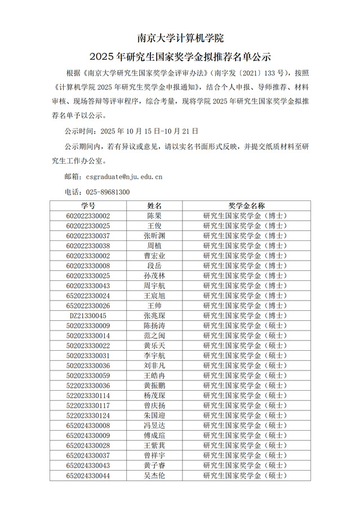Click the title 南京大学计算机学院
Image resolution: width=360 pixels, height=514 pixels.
click(180, 38)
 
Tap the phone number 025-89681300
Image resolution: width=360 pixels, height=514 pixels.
click(109, 192)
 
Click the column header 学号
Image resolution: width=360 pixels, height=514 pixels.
click(88, 205)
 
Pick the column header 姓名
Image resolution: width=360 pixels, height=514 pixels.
click(154, 205)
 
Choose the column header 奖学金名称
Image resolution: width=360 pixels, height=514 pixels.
click(246, 205)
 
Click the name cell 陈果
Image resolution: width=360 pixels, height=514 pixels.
click(154, 216)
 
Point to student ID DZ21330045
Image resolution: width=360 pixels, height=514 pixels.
click(88, 316)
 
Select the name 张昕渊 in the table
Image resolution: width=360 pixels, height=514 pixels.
click(154, 236)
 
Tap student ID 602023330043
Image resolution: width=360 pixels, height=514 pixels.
click(88, 286)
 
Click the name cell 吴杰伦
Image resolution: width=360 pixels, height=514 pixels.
click(154, 476)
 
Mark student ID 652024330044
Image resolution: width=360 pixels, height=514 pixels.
click(88, 476)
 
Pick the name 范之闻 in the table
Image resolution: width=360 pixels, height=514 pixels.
click(154, 336)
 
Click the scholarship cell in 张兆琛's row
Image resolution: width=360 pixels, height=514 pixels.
click(246, 316)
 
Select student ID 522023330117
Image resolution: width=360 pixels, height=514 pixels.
click(88, 405)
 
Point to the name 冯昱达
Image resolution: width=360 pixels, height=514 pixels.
click(154, 426)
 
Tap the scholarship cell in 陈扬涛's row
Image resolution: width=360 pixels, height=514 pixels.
click(246, 325)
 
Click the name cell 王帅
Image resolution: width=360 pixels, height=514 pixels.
click(154, 306)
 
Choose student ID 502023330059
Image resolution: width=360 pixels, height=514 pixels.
click(88, 376)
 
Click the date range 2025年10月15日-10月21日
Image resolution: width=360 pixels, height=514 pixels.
click(149, 131)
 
